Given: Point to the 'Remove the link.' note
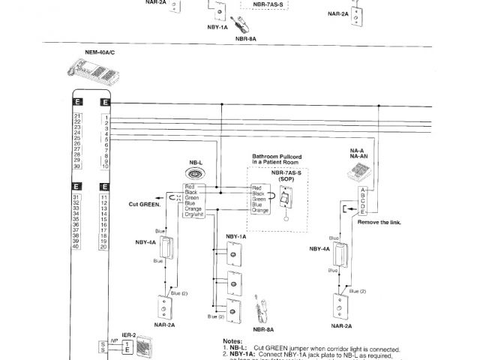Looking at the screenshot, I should pos(379,223).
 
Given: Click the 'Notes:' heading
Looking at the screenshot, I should pos(223,340).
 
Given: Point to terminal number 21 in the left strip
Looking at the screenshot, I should pos(76,115).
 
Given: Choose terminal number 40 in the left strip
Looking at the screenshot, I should pos(76,247).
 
